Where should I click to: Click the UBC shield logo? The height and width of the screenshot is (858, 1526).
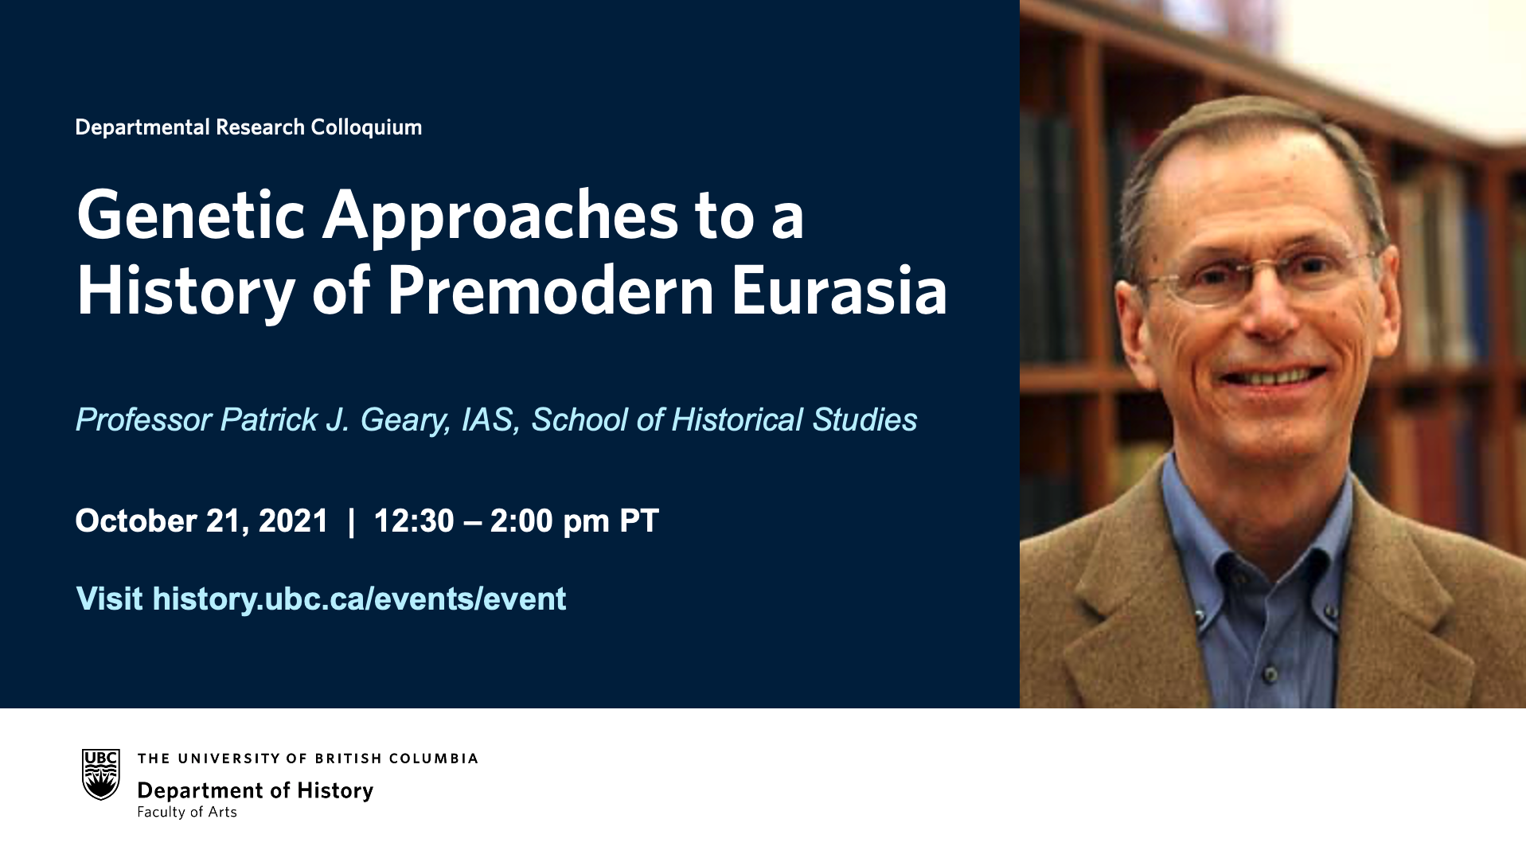101,774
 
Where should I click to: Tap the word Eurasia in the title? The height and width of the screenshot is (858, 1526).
839,291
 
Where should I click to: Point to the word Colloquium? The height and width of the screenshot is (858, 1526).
366,127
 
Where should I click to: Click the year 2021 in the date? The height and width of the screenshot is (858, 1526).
294,521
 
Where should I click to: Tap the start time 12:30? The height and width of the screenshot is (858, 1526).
413,521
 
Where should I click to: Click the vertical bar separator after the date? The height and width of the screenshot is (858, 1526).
351,521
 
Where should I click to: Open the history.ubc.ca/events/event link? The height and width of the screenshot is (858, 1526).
359,599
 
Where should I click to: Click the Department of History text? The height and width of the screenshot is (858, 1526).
256,790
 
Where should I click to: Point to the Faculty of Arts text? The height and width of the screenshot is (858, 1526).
187,812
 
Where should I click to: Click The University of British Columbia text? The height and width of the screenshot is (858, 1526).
307,759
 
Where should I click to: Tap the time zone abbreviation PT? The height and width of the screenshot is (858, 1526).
639,521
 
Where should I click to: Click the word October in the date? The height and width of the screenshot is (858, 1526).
136,521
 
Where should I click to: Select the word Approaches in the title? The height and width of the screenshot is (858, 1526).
500,216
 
